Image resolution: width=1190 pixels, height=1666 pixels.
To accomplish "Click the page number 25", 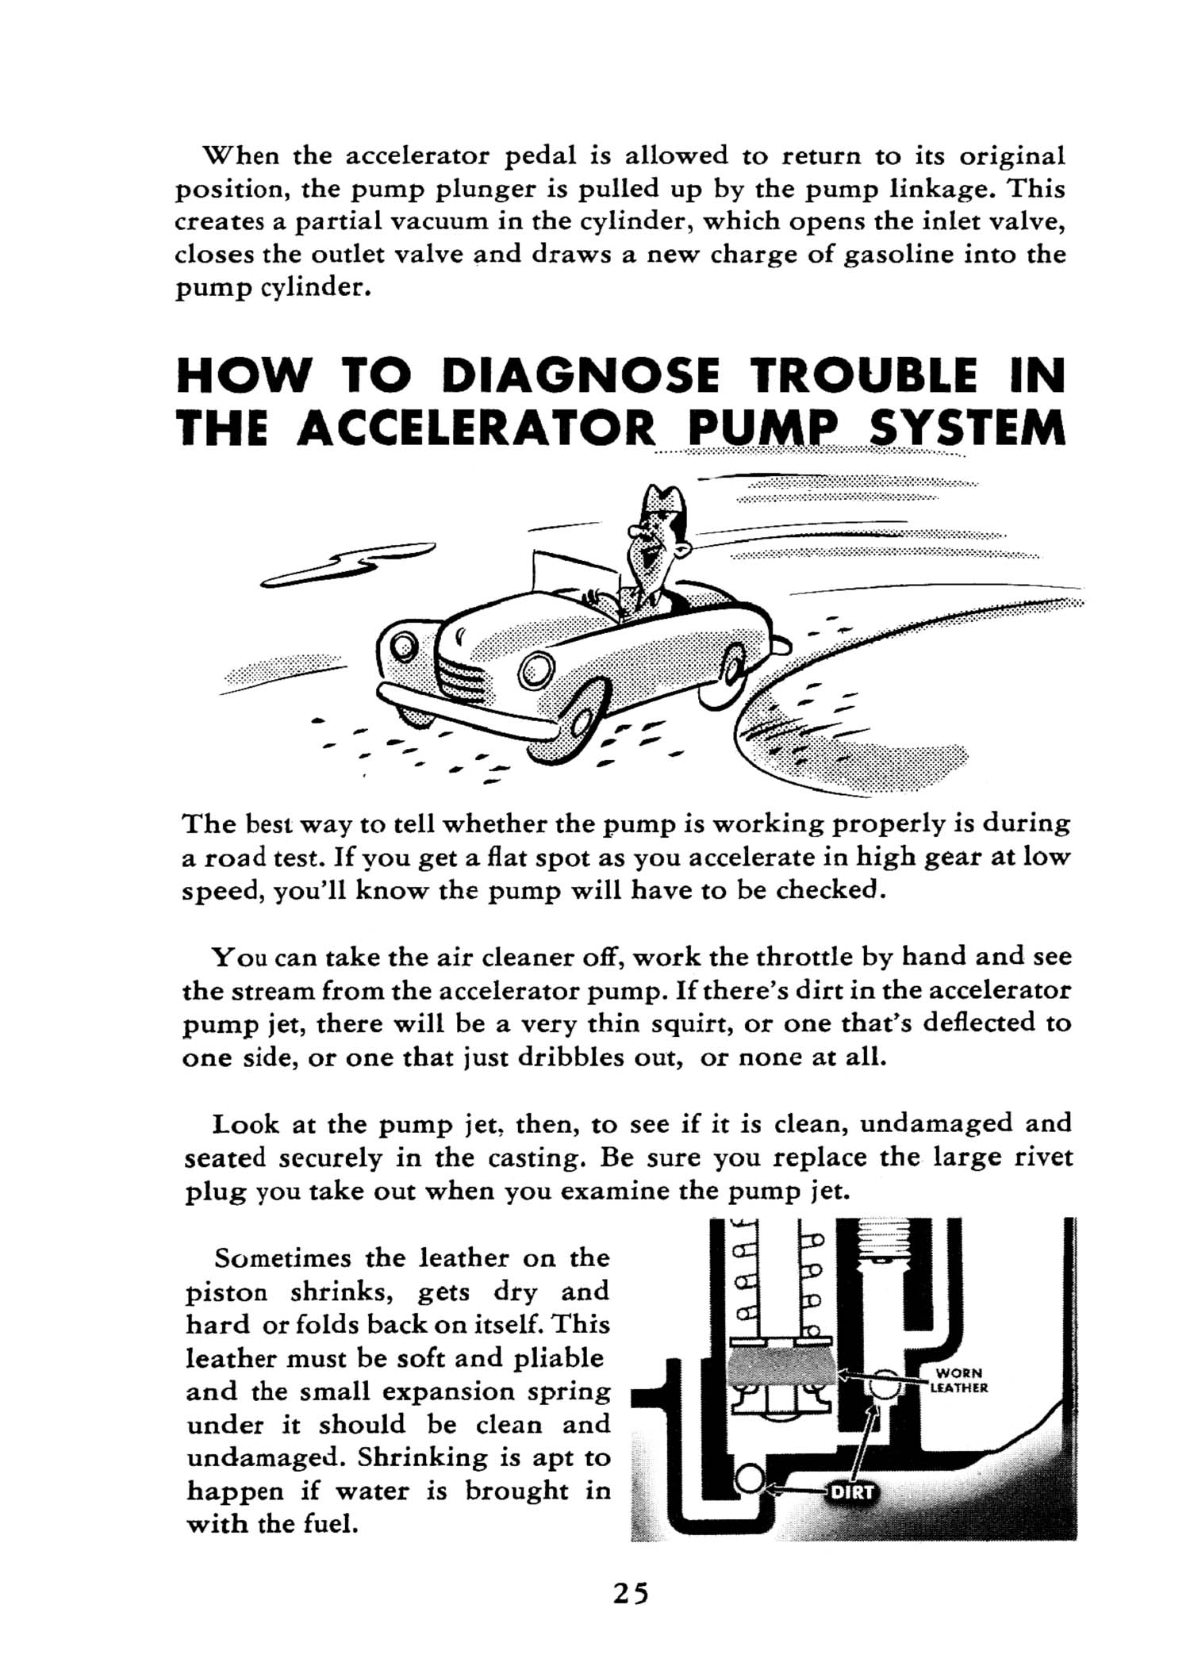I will coord(630,1593).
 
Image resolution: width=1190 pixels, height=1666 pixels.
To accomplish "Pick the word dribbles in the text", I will coord(570,1058).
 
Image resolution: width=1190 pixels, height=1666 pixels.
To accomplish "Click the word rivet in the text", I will coord(1043,1157).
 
